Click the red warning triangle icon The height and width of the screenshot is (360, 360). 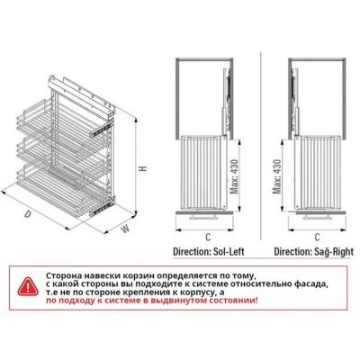point(28,287)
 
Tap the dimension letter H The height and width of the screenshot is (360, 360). point(144,168)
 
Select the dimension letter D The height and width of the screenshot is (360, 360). point(28,214)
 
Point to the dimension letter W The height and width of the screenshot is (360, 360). point(125,229)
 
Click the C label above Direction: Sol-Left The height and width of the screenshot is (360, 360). point(208,238)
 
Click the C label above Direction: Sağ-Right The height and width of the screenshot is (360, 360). point(317,238)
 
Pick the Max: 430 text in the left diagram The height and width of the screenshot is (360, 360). point(234,176)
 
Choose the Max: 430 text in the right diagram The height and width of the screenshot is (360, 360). point(277,176)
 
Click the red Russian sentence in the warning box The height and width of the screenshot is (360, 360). point(152,301)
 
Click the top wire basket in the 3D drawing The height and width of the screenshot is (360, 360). point(61,120)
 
